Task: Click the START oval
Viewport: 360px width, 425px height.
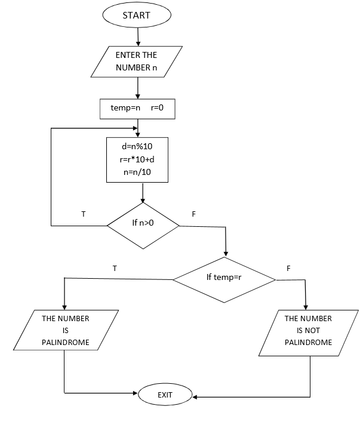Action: pyautogui.click(x=137, y=16)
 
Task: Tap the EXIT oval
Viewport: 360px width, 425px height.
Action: pyautogui.click(x=165, y=395)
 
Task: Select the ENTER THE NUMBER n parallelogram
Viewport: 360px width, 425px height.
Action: pyautogui.click(x=136, y=61)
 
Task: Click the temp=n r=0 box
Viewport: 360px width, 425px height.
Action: pyautogui.click(x=137, y=108)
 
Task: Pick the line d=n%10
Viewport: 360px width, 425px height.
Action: pyautogui.click(x=137, y=146)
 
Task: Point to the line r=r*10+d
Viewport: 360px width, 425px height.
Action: pyautogui.click(x=137, y=159)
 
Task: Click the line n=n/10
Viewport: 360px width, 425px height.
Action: pyautogui.click(x=137, y=172)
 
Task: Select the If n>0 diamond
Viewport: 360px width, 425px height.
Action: pyautogui.click(x=143, y=226)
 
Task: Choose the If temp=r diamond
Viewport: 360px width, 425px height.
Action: pyautogui.click(x=224, y=278)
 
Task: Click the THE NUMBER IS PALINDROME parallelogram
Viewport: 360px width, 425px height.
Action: pyautogui.click(x=65, y=330)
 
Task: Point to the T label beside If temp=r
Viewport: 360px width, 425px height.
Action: pyautogui.click(x=114, y=268)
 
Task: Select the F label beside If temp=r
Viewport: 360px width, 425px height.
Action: pyautogui.click(x=288, y=268)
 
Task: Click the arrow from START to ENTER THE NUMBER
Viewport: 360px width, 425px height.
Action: pyautogui.click(x=138, y=36)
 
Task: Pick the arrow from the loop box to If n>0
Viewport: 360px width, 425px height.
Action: pyautogui.click(x=143, y=192)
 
